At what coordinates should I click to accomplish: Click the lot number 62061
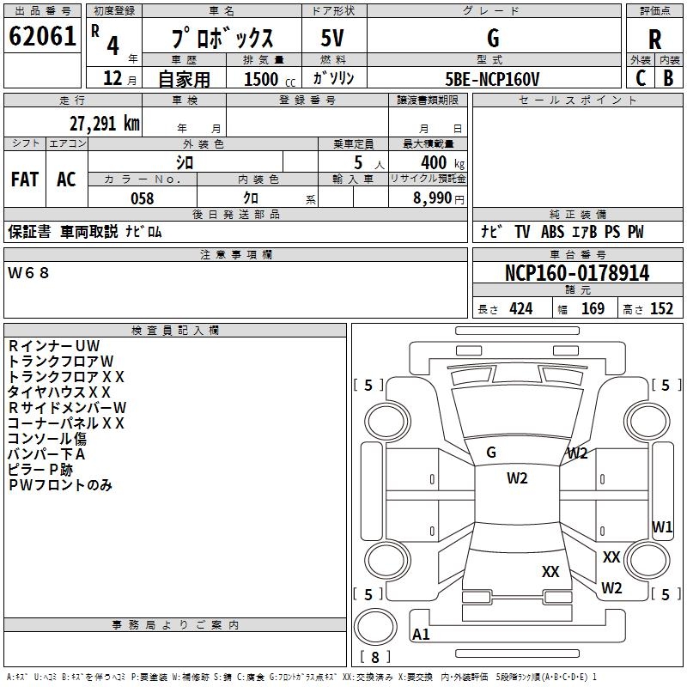[42, 37]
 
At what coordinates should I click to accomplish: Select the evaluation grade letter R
[654, 40]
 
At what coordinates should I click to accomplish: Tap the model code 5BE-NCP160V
[492, 78]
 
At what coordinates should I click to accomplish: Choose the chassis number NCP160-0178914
[577, 273]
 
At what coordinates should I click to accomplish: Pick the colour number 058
[142, 198]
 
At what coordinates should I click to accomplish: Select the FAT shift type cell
[24, 179]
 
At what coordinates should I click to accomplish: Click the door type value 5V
[333, 39]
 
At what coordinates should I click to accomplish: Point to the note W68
[29, 273]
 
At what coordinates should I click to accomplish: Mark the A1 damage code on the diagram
[421, 635]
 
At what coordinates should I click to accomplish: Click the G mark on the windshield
[491, 452]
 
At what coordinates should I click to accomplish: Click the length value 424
[520, 309]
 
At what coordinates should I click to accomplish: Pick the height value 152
[661, 309]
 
